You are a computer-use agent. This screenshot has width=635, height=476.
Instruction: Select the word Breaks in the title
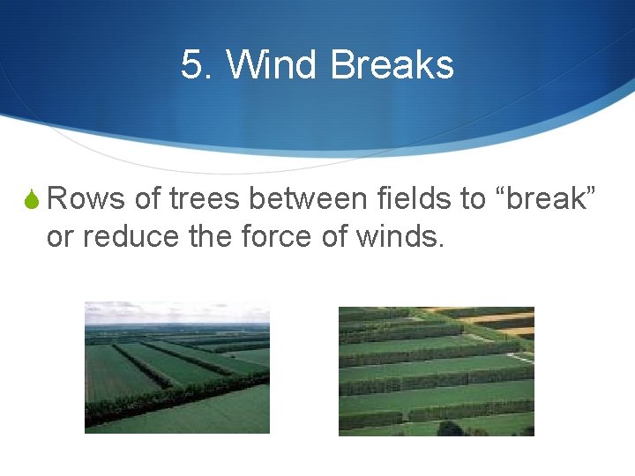point(393,65)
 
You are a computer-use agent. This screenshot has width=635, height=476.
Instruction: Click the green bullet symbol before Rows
point(33,200)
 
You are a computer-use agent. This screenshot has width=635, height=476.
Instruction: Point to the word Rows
point(86,199)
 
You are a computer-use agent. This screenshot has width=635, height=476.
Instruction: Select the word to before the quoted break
point(473,199)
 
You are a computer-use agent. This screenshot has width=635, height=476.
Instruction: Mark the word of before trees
point(149,199)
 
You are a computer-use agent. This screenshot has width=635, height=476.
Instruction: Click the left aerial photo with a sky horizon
point(176,368)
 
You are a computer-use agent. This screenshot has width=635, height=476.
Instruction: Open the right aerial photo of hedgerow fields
point(437,370)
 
